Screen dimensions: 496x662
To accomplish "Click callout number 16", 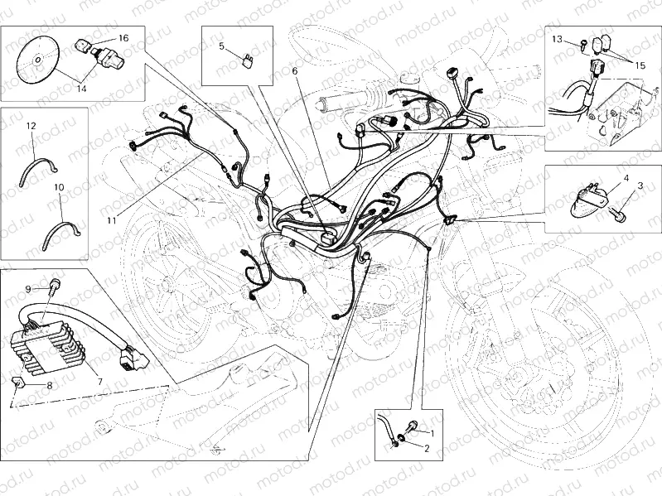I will click(x=123, y=38).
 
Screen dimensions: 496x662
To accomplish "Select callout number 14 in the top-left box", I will click(x=82, y=85).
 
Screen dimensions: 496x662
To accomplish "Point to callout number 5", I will click(x=222, y=46).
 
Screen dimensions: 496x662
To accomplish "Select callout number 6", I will click(x=294, y=71).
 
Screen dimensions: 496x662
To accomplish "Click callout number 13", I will click(x=558, y=39).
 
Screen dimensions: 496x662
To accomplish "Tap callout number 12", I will click(x=31, y=126).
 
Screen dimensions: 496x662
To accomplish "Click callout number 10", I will click(x=59, y=188).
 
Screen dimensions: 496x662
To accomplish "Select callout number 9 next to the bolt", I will click(x=27, y=289).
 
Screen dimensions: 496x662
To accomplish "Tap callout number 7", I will click(x=100, y=382).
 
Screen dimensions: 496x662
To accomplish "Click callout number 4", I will click(x=627, y=177).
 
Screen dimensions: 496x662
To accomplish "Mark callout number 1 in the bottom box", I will click(x=429, y=432).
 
